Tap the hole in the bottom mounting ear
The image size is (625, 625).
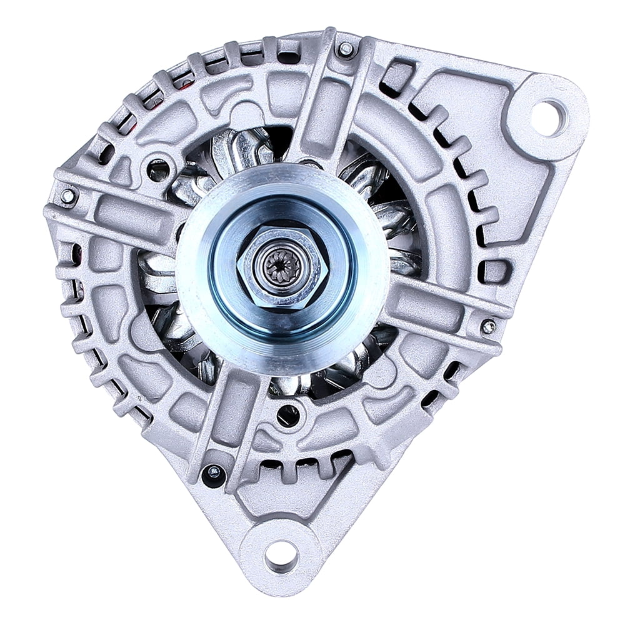[x=281, y=554]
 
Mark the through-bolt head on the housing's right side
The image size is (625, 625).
[x=489, y=326]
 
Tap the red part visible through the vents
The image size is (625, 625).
[x=185, y=81]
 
